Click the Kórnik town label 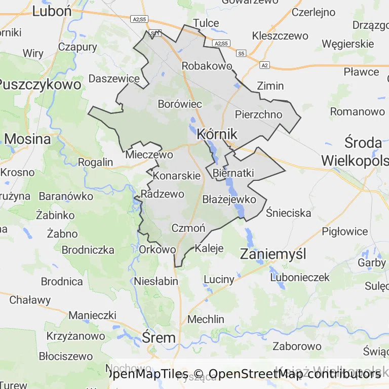click(217, 134)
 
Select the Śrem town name click(159, 337)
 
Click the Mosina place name click(27, 139)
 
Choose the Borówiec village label click(180, 104)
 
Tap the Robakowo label click(207, 66)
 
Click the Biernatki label click(234, 173)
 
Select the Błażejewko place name click(229, 199)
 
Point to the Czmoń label click(188, 228)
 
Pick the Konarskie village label click(176, 176)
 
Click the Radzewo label click(163, 194)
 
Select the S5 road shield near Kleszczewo click(241, 53)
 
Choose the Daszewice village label click(114, 79)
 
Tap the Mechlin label click(206, 319)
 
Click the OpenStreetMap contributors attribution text click(295, 374)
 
